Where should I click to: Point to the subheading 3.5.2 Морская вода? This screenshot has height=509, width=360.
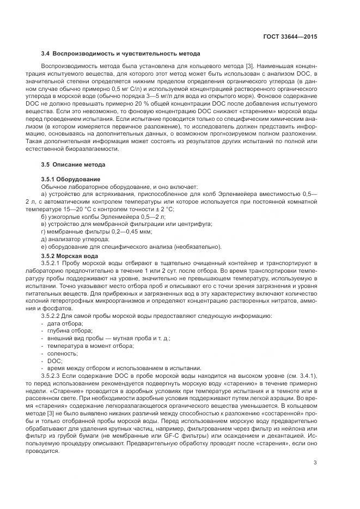coord(70,255)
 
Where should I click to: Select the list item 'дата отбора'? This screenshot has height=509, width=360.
coord(65,323)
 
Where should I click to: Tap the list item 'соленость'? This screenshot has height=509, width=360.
coord(63,353)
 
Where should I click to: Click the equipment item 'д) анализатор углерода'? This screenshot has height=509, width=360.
coord(75,239)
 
